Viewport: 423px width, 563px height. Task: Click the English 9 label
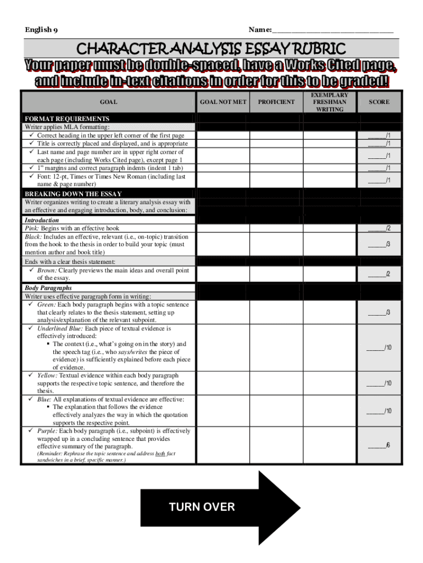[42, 30]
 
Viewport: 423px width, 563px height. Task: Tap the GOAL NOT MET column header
[223, 102]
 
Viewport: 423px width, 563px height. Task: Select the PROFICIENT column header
[276, 102]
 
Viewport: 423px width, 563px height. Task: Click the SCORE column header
[379, 102]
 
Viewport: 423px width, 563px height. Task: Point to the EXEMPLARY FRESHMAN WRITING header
[330, 102]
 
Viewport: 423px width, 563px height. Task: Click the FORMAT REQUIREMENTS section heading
[66, 119]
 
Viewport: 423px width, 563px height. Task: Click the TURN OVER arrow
[220, 507]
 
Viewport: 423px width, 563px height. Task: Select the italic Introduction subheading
[42, 220]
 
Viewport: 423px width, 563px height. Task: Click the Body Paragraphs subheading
[48, 288]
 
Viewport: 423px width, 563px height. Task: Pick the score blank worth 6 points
[379, 445]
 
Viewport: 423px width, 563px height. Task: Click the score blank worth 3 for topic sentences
[379, 313]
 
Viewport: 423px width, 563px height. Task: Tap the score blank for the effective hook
[379, 228]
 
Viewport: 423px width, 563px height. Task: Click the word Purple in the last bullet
[46, 431]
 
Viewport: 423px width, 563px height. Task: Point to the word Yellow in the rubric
[47, 376]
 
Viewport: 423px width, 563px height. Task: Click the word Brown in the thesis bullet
[46, 271]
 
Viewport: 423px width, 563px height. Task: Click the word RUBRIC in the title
[319, 49]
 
